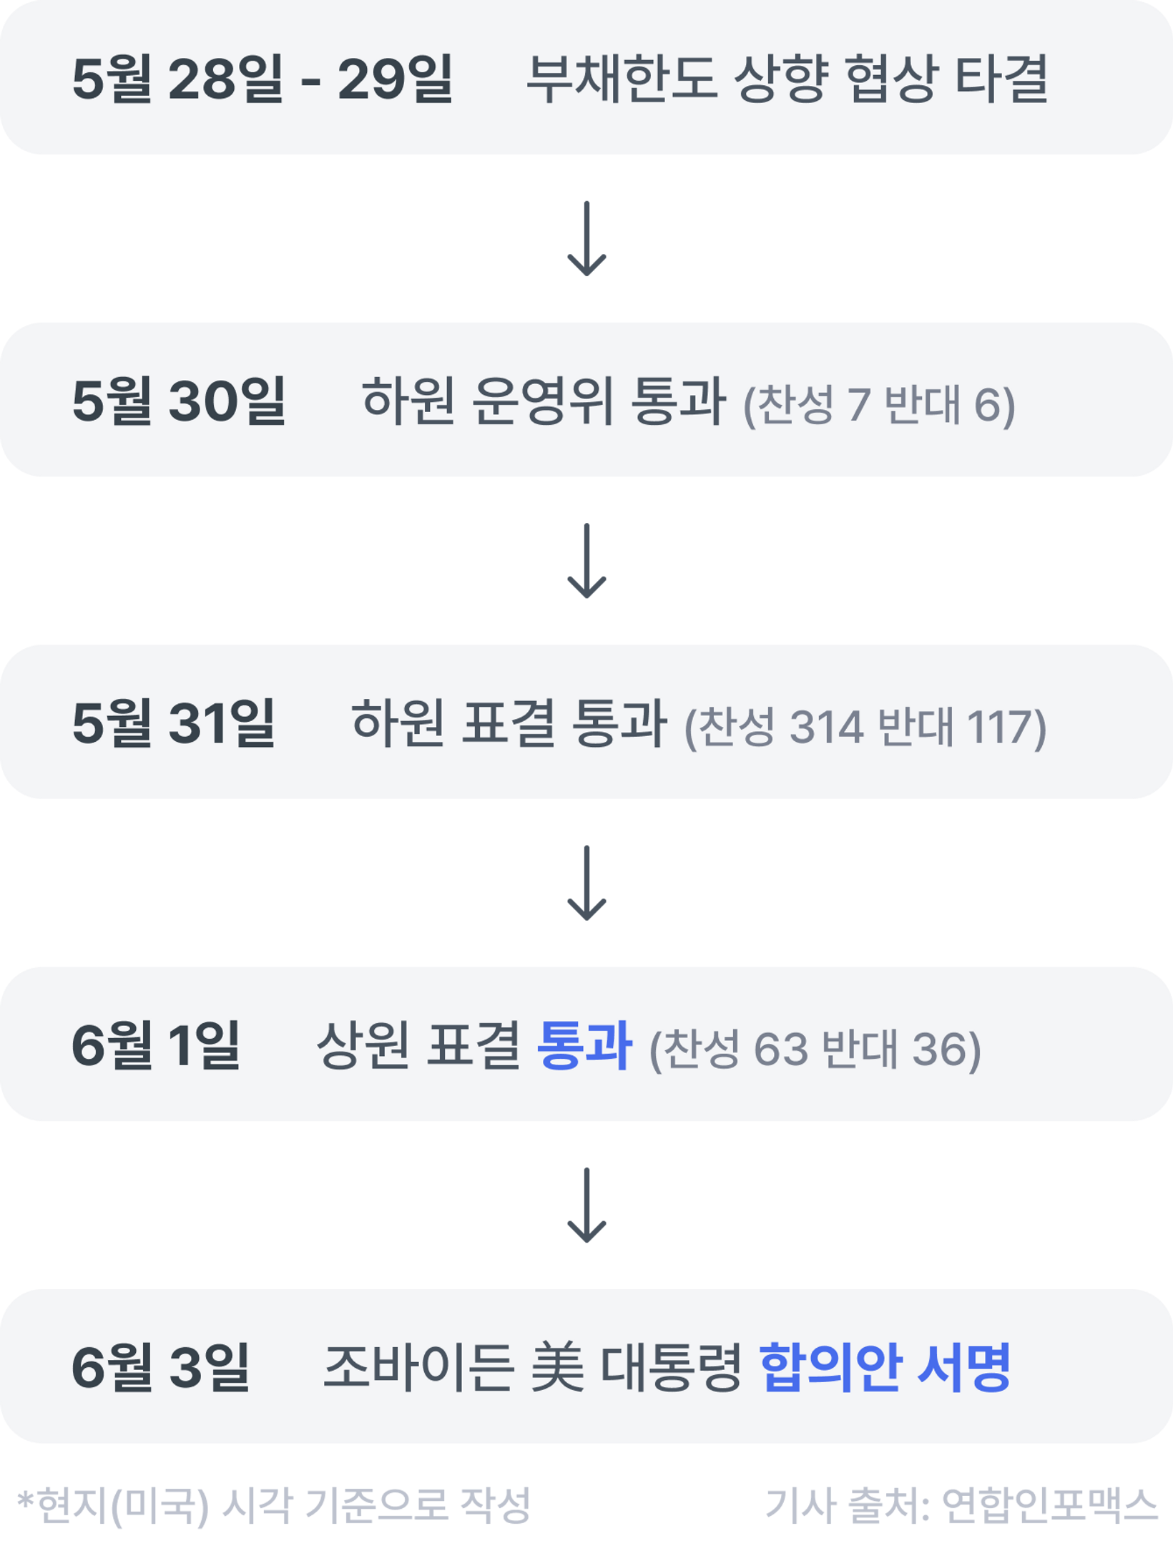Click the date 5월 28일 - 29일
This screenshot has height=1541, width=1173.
262,79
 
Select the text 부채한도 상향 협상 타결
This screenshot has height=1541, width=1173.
787,79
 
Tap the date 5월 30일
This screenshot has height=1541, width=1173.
179,401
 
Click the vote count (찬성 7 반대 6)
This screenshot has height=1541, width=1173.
879,405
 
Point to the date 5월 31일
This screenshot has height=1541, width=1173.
174,723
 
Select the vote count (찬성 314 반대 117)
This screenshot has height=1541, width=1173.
865,727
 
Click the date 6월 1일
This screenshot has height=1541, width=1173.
156,1045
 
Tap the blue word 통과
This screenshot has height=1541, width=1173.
584,1045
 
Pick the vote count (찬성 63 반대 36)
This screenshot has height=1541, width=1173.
815,1049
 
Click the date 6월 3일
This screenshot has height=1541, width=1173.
161,1366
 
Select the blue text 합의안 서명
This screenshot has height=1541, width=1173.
885,1366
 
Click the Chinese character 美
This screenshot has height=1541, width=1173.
557,1366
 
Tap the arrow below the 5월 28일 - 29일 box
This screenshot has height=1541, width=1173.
586,239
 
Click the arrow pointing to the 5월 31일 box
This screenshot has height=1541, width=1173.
586,561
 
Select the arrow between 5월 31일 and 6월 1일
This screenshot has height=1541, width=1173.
586,883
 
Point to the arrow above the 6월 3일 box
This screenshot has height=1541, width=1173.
586,1205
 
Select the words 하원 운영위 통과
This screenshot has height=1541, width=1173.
544,401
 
